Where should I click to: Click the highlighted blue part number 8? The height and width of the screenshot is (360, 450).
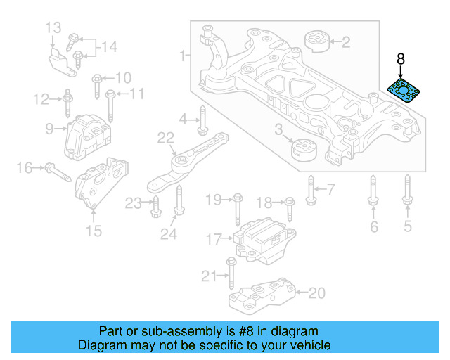[404, 92]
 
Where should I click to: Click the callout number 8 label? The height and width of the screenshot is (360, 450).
[401, 60]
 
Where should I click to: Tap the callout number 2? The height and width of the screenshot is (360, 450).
[345, 43]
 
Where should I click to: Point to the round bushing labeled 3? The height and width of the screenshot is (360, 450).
[304, 150]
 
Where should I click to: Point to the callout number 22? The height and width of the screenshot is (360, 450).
[165, 137]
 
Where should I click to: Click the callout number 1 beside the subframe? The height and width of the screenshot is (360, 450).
[184, 54]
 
